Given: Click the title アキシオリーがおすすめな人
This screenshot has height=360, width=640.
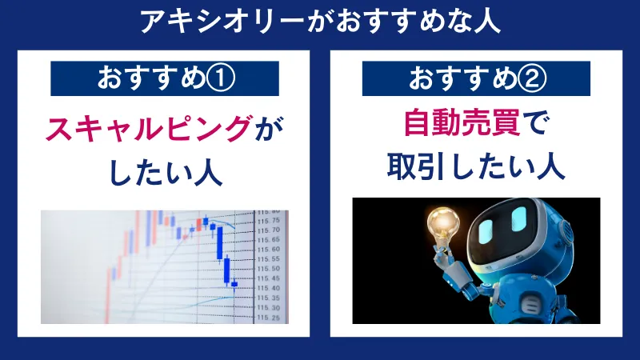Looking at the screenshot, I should (320, 22).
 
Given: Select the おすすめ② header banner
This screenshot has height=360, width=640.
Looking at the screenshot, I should (478, 78).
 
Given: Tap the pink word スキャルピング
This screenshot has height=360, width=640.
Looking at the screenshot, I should (149, 129).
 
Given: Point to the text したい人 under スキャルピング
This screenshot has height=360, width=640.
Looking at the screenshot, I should (166, 171).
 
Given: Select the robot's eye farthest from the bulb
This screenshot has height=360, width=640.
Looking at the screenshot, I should (520, 218).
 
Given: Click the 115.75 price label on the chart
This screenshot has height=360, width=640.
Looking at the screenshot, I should (269, 221).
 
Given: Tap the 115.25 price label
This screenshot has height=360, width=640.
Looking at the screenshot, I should (269, 317).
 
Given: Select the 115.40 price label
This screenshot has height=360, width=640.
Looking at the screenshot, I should (269, 288).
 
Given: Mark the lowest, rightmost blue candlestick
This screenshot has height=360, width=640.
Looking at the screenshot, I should (234, 282).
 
